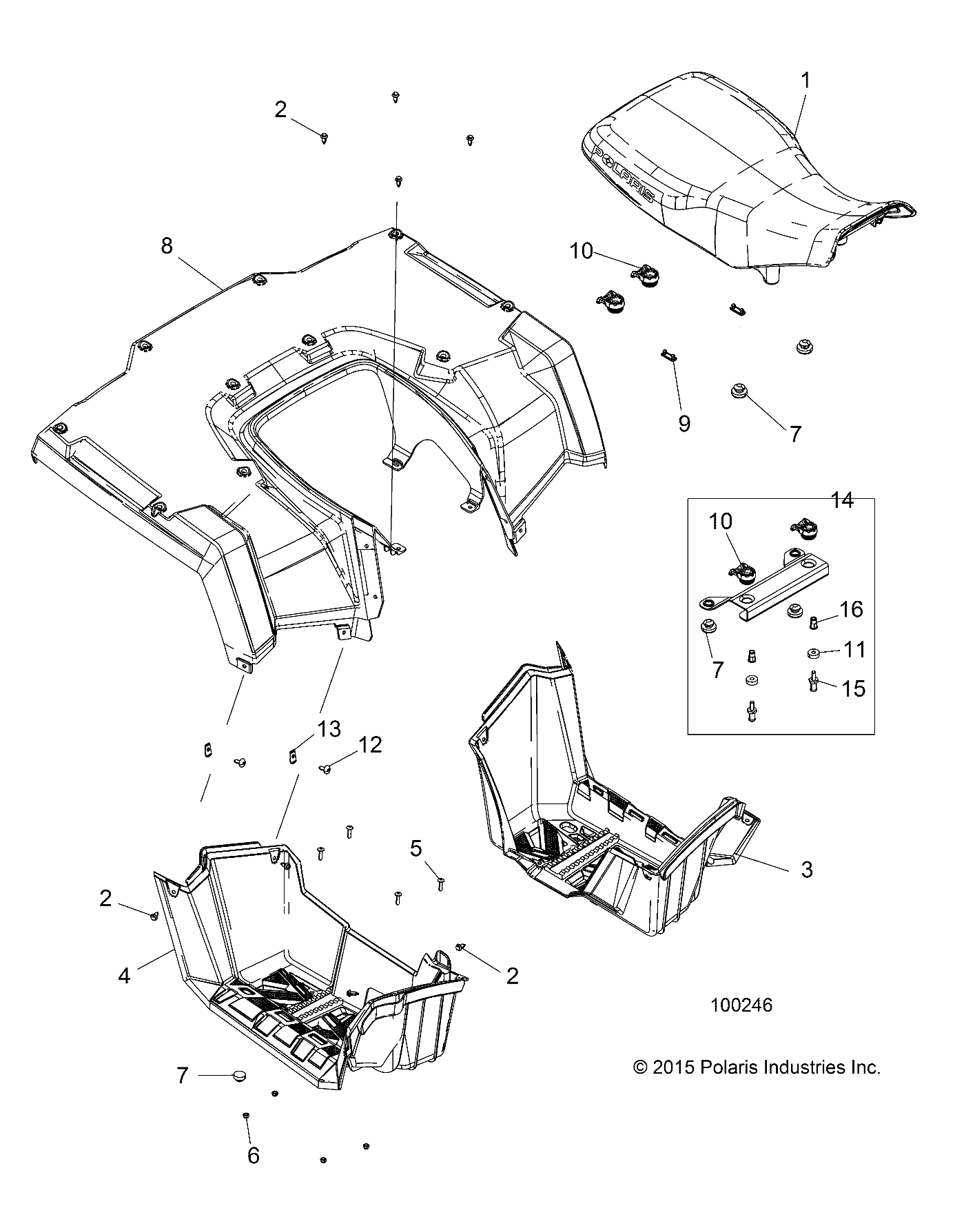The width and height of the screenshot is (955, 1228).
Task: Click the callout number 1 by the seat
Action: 805,81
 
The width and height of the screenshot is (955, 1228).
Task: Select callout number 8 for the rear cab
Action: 167,246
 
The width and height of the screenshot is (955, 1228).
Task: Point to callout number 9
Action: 684,423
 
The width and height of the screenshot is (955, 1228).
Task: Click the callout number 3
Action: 807,869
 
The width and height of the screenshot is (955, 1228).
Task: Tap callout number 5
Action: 415,848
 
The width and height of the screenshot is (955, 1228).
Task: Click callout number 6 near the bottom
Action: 253,1156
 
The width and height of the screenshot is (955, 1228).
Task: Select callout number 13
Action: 329,729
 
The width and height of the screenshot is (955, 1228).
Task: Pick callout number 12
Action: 370,745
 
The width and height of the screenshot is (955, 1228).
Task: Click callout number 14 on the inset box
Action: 842,501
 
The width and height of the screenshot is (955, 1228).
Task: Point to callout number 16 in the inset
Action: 851,609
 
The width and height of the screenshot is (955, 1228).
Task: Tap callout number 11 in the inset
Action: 854,649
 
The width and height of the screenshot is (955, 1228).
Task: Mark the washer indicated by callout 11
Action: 812,652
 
